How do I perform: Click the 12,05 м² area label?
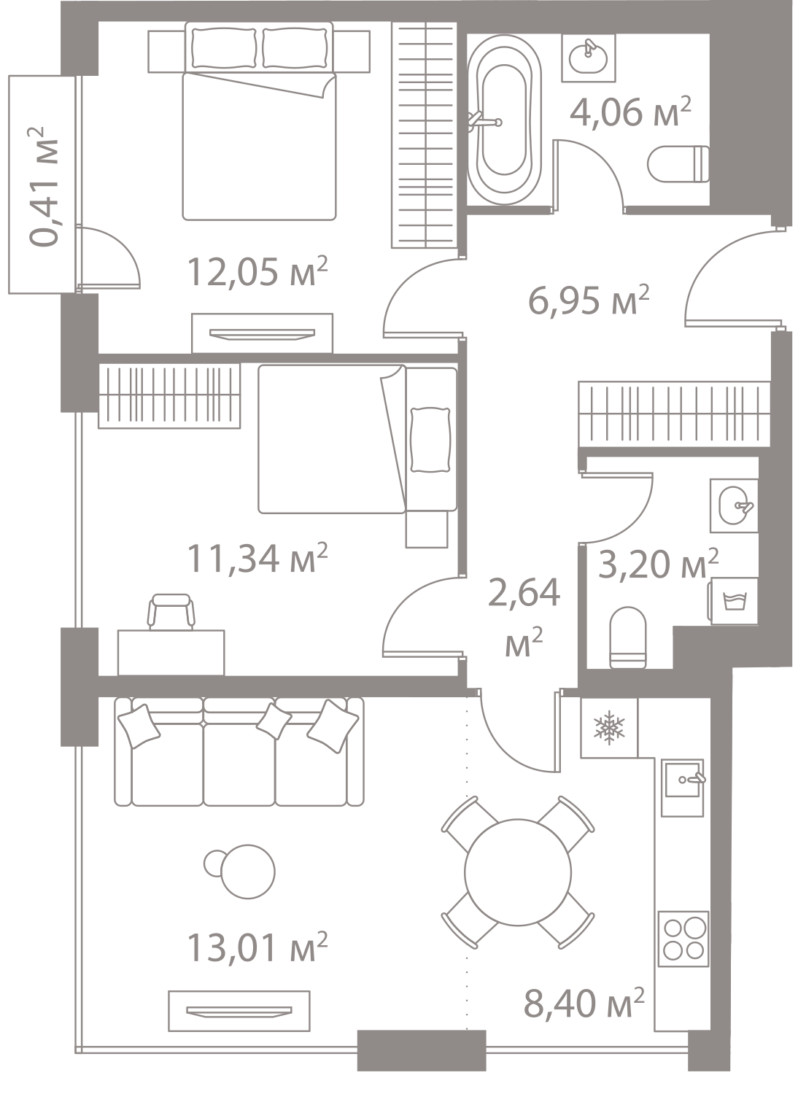tap(257, 271)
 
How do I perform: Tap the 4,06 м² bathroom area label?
tap(630, 112)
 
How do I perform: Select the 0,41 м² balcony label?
tap(43, 186)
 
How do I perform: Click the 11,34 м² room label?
tap(257, 558)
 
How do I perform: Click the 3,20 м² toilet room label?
tap(659, 564)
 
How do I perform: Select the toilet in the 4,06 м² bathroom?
tap(678, 164)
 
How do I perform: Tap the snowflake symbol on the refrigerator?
tap(609, 729)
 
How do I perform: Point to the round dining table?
tap(518, 872)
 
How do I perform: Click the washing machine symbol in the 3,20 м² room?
tap(735, 600)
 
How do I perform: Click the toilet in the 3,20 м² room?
tap(628, 637)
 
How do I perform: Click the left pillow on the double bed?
tap(224, 48)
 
